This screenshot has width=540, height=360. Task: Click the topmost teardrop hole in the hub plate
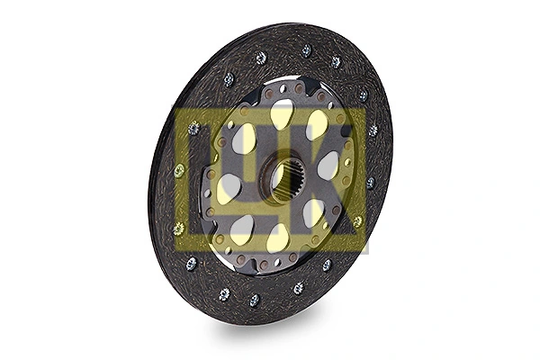[x=282, y=113]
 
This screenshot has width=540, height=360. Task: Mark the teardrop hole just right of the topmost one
[x=317, y=123]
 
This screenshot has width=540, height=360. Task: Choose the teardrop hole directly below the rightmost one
[x=313, y=212]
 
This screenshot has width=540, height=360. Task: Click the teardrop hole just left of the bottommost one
[x=241, y=229]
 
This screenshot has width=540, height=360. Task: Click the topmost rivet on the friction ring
[x=306, y=50]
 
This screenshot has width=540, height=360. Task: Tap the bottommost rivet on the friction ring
[x=254, y=300]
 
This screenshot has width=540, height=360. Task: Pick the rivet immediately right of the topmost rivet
[x=336, y=62]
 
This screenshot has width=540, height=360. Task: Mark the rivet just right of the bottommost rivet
[x=298, y=288]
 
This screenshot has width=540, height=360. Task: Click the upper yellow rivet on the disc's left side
[x=178, y=169]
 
